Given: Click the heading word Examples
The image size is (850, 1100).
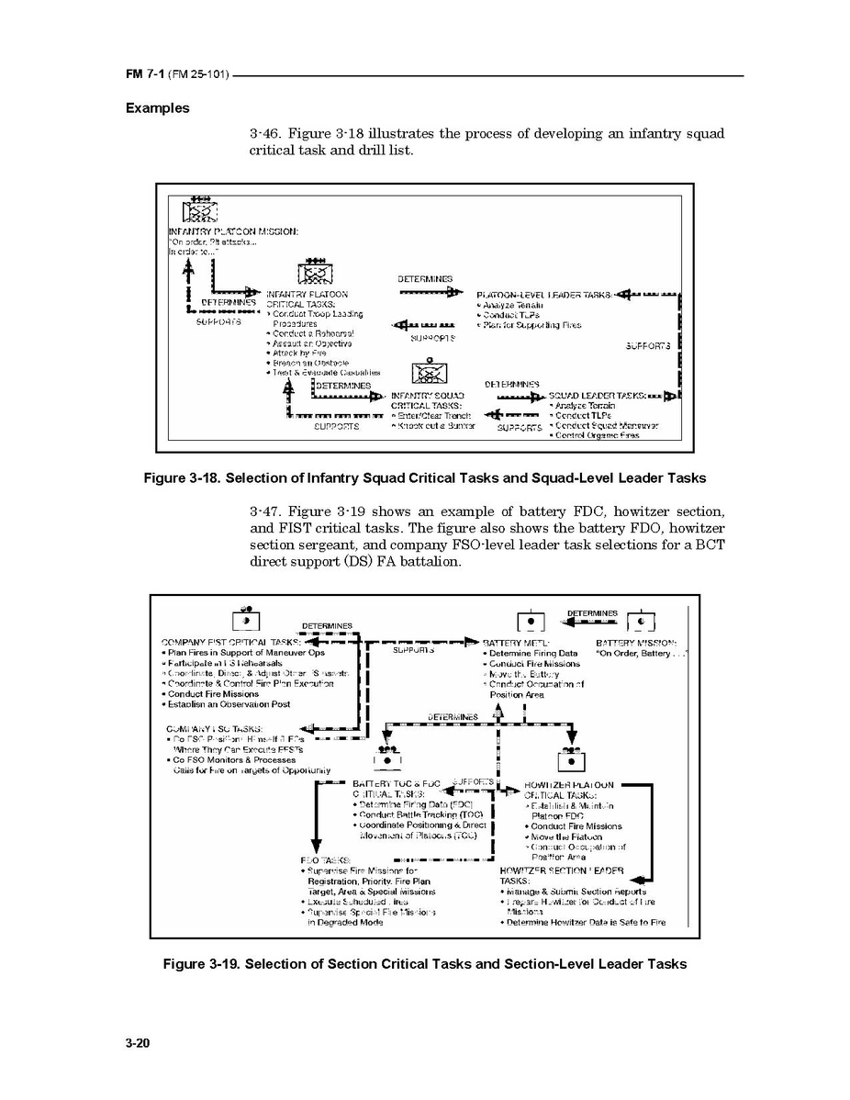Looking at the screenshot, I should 158,108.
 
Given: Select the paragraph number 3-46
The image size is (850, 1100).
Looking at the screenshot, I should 264,134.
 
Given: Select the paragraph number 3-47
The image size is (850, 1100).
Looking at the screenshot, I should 264,511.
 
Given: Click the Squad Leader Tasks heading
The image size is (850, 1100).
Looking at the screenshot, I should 596,396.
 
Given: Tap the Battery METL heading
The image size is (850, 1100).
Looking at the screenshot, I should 515,643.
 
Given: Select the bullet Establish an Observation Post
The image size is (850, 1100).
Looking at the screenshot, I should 228,704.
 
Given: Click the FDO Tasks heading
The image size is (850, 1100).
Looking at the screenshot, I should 319,860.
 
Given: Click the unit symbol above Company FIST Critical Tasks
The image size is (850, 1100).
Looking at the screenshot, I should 246,621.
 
